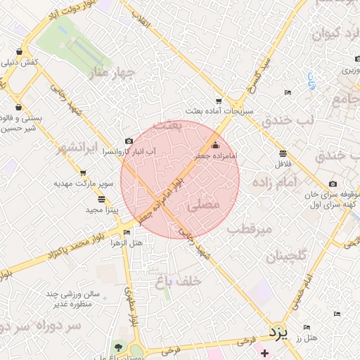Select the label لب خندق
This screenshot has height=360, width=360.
coord(286,120)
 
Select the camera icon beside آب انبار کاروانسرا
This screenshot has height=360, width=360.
coord(129,141)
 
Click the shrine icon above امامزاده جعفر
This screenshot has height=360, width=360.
coord(215,143)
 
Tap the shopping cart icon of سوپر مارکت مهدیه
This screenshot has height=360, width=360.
coord(83,172)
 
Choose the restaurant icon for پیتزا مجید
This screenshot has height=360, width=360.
coord(102,199)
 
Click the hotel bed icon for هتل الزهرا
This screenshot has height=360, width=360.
coord(127,232)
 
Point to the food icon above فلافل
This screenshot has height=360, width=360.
coord(282,153)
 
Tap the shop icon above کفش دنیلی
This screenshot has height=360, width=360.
coord(18,52)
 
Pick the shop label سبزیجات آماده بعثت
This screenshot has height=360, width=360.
coord(214,111)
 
